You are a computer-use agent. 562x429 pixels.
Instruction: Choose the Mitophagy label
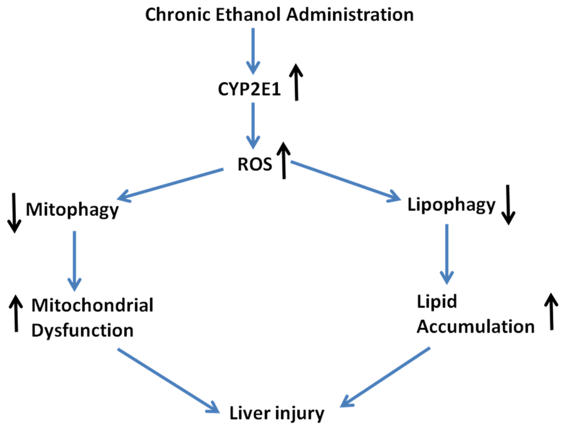click(x=72, y=210)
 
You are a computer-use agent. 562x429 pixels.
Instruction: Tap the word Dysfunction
click(x=82, y=331)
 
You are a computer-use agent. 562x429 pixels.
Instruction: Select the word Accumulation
click(x=475, y=327)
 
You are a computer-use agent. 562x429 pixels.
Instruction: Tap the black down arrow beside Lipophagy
click(x=509, y=205)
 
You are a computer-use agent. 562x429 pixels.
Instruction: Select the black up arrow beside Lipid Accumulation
click(x=550, y=311)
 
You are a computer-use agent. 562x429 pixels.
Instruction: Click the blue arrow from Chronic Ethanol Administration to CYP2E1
click(x=252, y=49)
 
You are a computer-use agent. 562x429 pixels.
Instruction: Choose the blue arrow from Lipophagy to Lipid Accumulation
click(x=448, y=252)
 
